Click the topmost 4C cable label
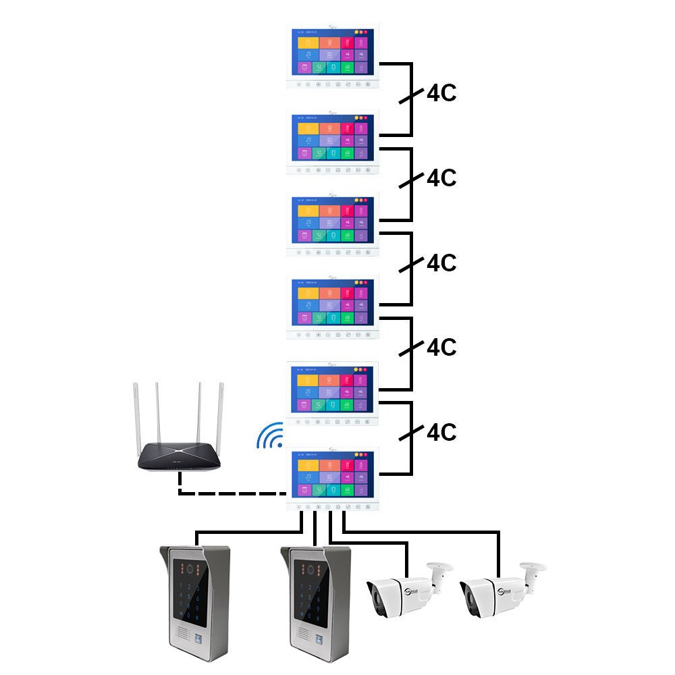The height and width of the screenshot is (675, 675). point(441,94)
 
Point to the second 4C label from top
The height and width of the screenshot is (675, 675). point(441,178)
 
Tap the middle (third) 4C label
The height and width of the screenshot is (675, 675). point(441,263)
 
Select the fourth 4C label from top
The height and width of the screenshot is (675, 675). point(441,347)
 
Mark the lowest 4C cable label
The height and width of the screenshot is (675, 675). point(441,431)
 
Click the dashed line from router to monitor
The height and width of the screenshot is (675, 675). point(230,493)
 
